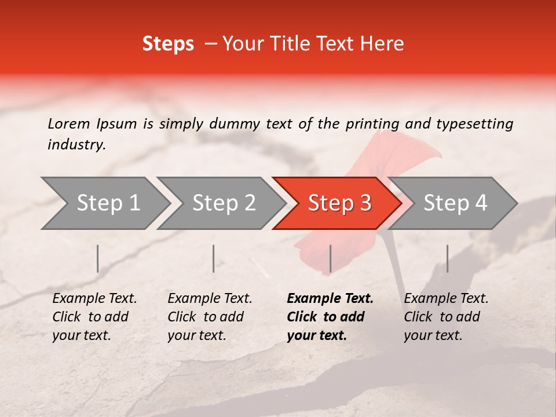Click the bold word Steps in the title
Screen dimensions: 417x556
[168, 44]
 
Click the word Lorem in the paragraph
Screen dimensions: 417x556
[69, 123]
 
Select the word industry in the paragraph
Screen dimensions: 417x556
[76, 145]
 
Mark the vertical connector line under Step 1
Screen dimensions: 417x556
[98, 258]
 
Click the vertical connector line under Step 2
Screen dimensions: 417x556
[214, 258]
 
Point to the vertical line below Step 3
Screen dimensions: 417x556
[330, 258]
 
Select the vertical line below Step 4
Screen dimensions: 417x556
[447, 258]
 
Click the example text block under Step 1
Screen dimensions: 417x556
[94, 317]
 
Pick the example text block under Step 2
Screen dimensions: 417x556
[210, 317]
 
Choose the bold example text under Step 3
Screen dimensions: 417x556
[330, 317]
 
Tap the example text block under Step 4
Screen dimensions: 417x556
[446, 317]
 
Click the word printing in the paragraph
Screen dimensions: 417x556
[373, 123]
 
